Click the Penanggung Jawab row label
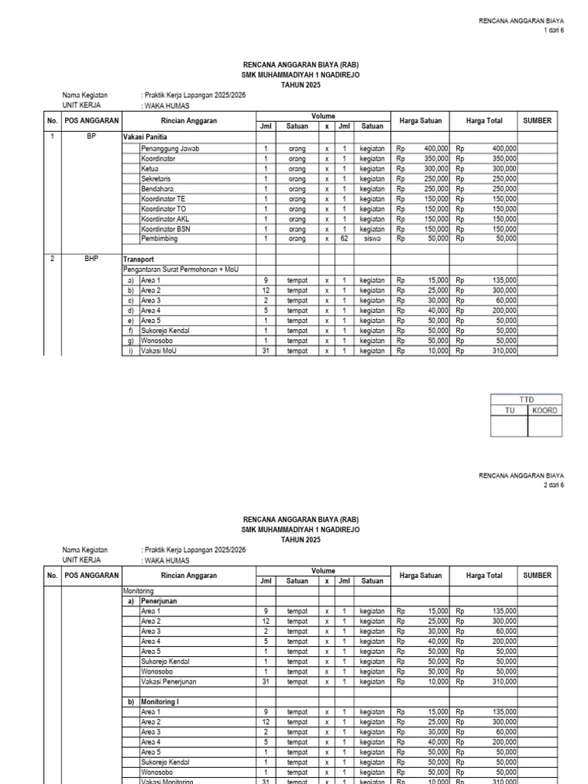pos(170,149)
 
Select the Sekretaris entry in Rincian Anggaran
pos(156,178)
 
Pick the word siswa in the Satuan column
pos(372,238)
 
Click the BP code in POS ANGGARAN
pos(91,136)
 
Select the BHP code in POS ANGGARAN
pos(91,259)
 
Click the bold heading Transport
pos(139,259)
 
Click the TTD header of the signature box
pos(526,400)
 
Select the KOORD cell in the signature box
pos(544,410)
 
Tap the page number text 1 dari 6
pos(552,30)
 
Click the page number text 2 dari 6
pos(552,485)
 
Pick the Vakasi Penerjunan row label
pos(169,681)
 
